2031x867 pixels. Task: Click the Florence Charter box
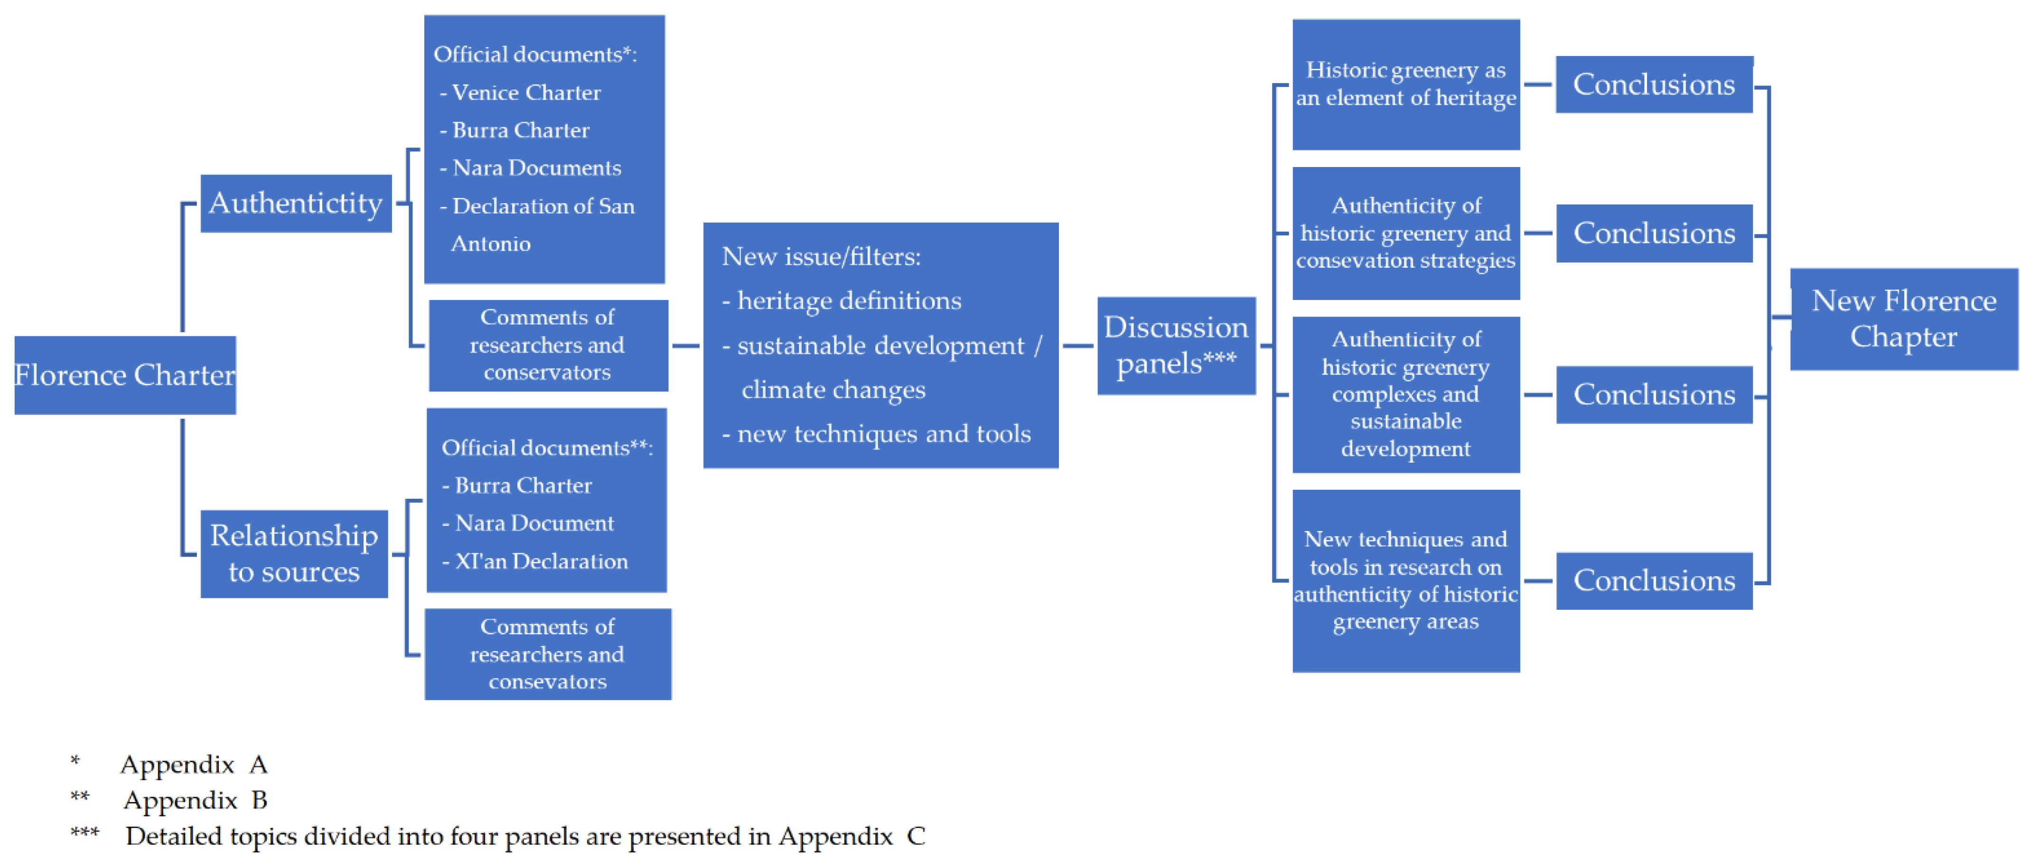pyautogui.click(x=124, y=375)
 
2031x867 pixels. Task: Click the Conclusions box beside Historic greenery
pyautogui.click(x=1653, y=84)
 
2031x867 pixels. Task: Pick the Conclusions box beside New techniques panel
pyautogui.click(x=1653, y=581)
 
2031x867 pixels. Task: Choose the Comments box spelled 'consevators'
pyautogui.click(x=547, y=654)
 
